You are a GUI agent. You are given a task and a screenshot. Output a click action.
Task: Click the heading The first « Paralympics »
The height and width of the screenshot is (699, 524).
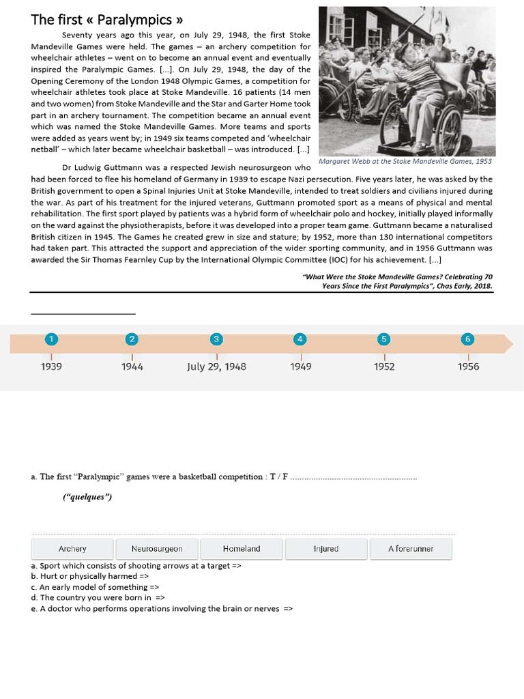coord(107,19)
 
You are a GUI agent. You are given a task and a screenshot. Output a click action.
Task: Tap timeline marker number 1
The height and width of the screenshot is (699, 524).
coord(50,339)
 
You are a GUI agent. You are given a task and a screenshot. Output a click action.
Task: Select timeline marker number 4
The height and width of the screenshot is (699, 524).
coord(300,339)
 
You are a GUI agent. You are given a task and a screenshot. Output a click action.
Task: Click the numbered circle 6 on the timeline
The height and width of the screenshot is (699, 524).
coord(467,339)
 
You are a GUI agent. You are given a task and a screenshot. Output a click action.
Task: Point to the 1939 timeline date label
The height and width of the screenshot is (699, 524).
coord(51,367)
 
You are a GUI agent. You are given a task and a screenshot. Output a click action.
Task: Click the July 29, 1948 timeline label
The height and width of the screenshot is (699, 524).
coord(216,367)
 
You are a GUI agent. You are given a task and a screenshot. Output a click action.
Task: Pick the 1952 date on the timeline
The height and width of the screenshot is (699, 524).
coord(384,367)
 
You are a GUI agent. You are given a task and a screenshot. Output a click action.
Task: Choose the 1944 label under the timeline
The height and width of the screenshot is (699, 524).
coord(132,367)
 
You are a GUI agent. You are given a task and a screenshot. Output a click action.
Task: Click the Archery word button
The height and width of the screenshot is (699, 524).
coord(72,549)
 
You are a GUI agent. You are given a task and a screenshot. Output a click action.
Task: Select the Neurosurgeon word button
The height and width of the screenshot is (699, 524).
coord(157,549)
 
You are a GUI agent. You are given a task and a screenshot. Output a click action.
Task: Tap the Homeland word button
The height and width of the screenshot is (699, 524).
coord(242,549)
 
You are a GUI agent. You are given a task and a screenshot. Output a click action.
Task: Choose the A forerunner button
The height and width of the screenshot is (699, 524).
coord(410,549)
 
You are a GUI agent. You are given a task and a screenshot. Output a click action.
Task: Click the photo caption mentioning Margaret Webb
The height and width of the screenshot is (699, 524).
coord(405,162)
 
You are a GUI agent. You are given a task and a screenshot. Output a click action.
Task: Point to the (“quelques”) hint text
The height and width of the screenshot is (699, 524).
coord(87,497)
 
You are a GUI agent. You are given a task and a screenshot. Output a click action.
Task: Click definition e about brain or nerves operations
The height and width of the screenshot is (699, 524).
coord(162,609)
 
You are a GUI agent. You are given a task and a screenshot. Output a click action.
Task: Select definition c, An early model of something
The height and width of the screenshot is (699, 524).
coord(95,587)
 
